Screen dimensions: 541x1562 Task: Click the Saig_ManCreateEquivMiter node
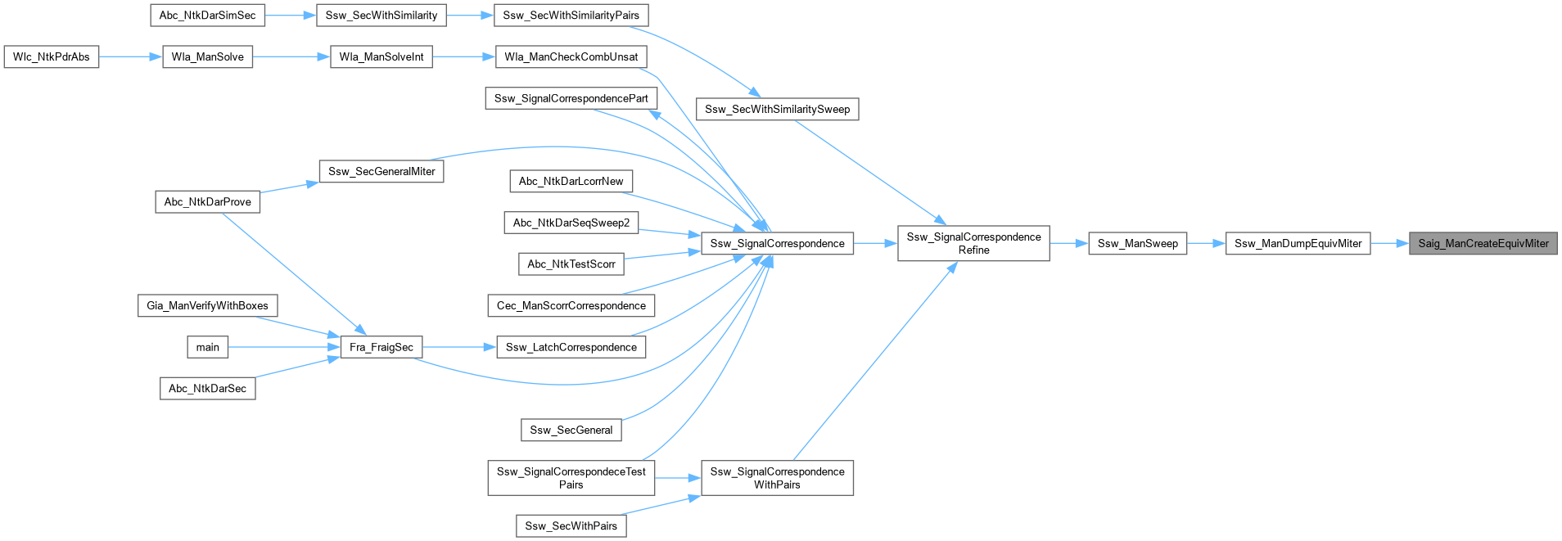click(x=1483, y=243)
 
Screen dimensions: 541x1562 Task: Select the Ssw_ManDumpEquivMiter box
click(x=1298, y=243)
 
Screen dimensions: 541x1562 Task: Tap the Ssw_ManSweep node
click(x=1137, y=243)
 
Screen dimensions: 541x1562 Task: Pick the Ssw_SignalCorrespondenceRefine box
click(x=973, y=243)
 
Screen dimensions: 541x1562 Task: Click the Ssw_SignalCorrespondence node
click(x=777, y=243)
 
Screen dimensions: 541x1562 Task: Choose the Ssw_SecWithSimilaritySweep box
click(x=777, y=109)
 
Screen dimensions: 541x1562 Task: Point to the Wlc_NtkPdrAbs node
click(x=52, y=56)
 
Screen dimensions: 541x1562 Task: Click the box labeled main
click(x=207, y=347)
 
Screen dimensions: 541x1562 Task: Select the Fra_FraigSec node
click(x=381, y=347)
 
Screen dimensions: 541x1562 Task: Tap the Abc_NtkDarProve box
click(x=207, y=201)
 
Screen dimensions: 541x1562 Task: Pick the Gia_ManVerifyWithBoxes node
click(x=207, y=305)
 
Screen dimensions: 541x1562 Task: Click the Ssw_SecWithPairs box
click(x=571, y=525)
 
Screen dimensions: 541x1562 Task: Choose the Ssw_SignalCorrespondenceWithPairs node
click(x=777, y=478)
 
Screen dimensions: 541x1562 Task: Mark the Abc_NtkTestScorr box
click(x=571, y=264)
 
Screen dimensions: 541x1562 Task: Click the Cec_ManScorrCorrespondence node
click(x=571, y=305)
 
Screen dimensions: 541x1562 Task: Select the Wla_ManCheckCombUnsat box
click(x=571, y=56)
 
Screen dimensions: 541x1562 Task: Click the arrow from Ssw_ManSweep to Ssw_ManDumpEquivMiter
click(x=1205, y=243)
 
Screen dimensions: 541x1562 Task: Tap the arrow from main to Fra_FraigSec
click(x=283, y=347)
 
